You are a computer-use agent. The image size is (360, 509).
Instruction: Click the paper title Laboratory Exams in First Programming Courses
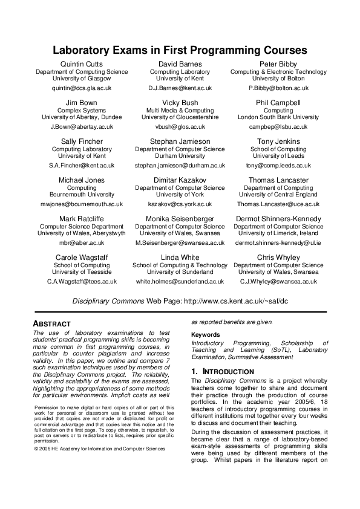point(180,51)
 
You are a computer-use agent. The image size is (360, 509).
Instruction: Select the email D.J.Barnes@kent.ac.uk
point(180,88)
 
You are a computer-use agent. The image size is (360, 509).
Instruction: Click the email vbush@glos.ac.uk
point(180,127)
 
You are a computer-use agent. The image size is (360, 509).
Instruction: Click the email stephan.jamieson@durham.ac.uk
point(180,166)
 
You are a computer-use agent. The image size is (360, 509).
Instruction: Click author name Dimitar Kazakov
point(180,180)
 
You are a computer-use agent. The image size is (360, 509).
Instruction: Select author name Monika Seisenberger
point(180,219)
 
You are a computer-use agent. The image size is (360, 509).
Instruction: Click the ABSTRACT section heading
point(51,324)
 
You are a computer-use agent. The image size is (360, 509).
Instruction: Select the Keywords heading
point(206,335)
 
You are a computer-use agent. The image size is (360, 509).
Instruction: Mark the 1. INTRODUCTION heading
point(222,371)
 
